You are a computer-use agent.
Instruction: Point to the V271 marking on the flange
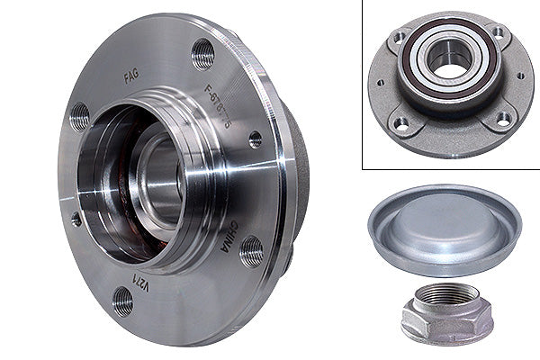coord(140,284)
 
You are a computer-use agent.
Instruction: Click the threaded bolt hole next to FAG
coord(203,54)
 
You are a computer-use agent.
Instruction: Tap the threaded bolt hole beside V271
coord(121,301)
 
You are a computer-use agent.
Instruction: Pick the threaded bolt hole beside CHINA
coord(251,251)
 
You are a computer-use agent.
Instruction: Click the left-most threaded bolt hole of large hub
coord(80,115)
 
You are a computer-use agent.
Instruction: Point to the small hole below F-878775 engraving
coord(256,139)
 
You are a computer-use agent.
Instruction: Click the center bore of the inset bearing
coord(444,58)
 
